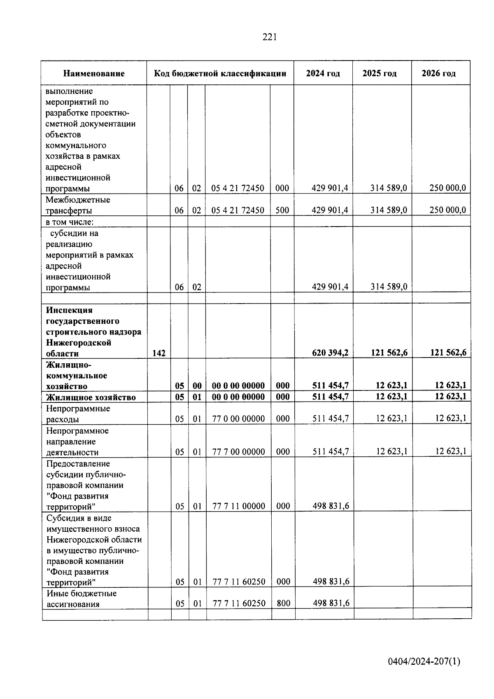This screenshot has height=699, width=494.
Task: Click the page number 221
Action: [270, 37]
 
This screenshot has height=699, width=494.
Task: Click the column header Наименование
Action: [94, 74]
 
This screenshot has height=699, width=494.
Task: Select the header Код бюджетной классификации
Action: [220, 74]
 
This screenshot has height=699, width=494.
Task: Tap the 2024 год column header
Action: [323, 74]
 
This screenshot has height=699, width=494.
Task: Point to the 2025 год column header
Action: [379, 74]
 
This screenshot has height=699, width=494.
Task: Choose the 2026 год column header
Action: [438, 74]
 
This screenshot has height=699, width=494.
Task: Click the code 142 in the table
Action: [159, 353]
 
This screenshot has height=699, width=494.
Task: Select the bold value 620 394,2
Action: [330, 353]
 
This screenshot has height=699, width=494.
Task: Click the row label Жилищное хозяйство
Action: [91, 397]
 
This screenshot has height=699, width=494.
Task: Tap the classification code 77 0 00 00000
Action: [238, 419]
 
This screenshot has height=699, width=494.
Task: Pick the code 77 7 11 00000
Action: [238, 506]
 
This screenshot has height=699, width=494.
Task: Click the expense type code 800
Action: [283, 603]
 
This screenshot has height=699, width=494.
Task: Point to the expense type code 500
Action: [282, 210]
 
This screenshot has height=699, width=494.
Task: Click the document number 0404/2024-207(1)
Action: [424, 662]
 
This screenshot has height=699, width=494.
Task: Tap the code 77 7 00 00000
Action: [238, 452]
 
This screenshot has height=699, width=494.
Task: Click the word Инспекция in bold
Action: [69, 310]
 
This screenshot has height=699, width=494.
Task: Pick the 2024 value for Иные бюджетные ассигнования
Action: [331, 603]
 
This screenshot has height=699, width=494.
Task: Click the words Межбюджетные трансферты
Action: [78, 205]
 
